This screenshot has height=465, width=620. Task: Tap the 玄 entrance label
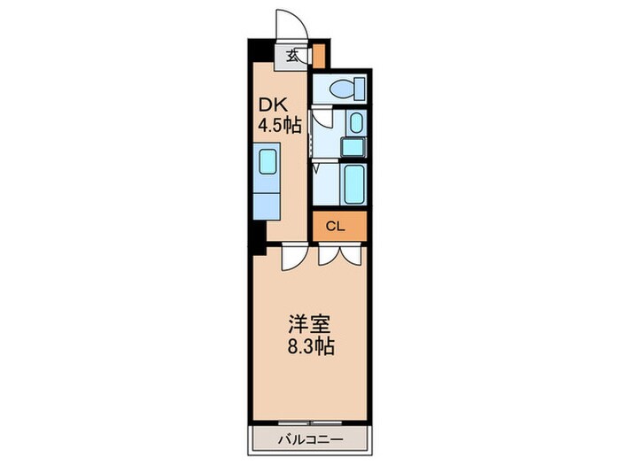(292, 55)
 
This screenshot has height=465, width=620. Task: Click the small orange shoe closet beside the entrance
(320, 55)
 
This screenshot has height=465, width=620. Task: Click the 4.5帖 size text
(280, 125)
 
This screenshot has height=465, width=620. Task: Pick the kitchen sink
(267, 164)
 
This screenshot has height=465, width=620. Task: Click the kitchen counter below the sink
(267, 202)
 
